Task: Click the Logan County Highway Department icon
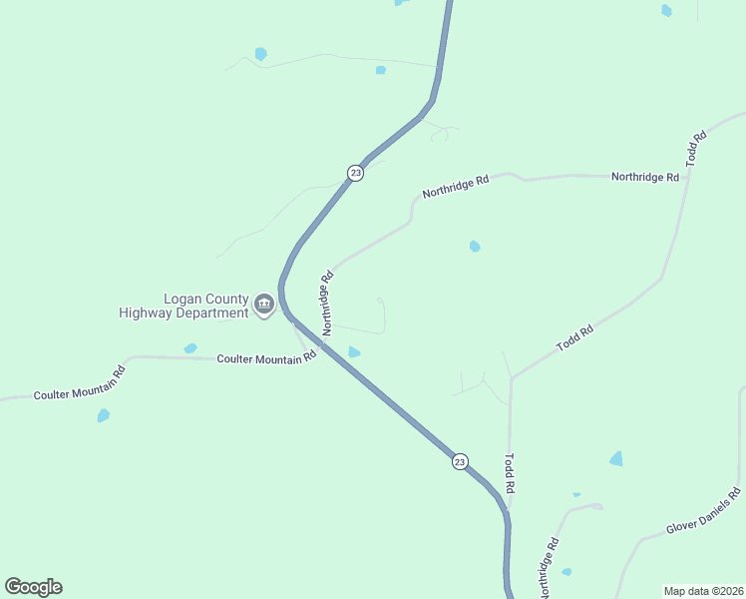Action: click(264, 304)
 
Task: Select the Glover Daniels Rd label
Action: click(704, 512)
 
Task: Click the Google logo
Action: click(33, 587)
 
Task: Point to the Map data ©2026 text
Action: click(704, 591)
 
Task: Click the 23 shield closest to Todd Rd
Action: click(459, 461)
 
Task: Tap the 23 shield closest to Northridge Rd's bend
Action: click(355, 173)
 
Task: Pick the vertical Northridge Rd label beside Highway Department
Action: click(325, 302)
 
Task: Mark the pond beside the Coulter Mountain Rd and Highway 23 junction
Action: click(354, 351)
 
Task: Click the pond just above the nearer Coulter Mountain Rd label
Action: click(190, 348)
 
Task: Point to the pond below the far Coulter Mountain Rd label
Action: click(104, 415)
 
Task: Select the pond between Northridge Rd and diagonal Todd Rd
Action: click(475, 246)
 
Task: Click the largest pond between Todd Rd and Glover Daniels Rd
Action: click(616, 458)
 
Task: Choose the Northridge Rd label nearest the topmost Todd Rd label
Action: click(644, 177)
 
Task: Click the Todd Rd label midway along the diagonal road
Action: click(575, 336)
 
